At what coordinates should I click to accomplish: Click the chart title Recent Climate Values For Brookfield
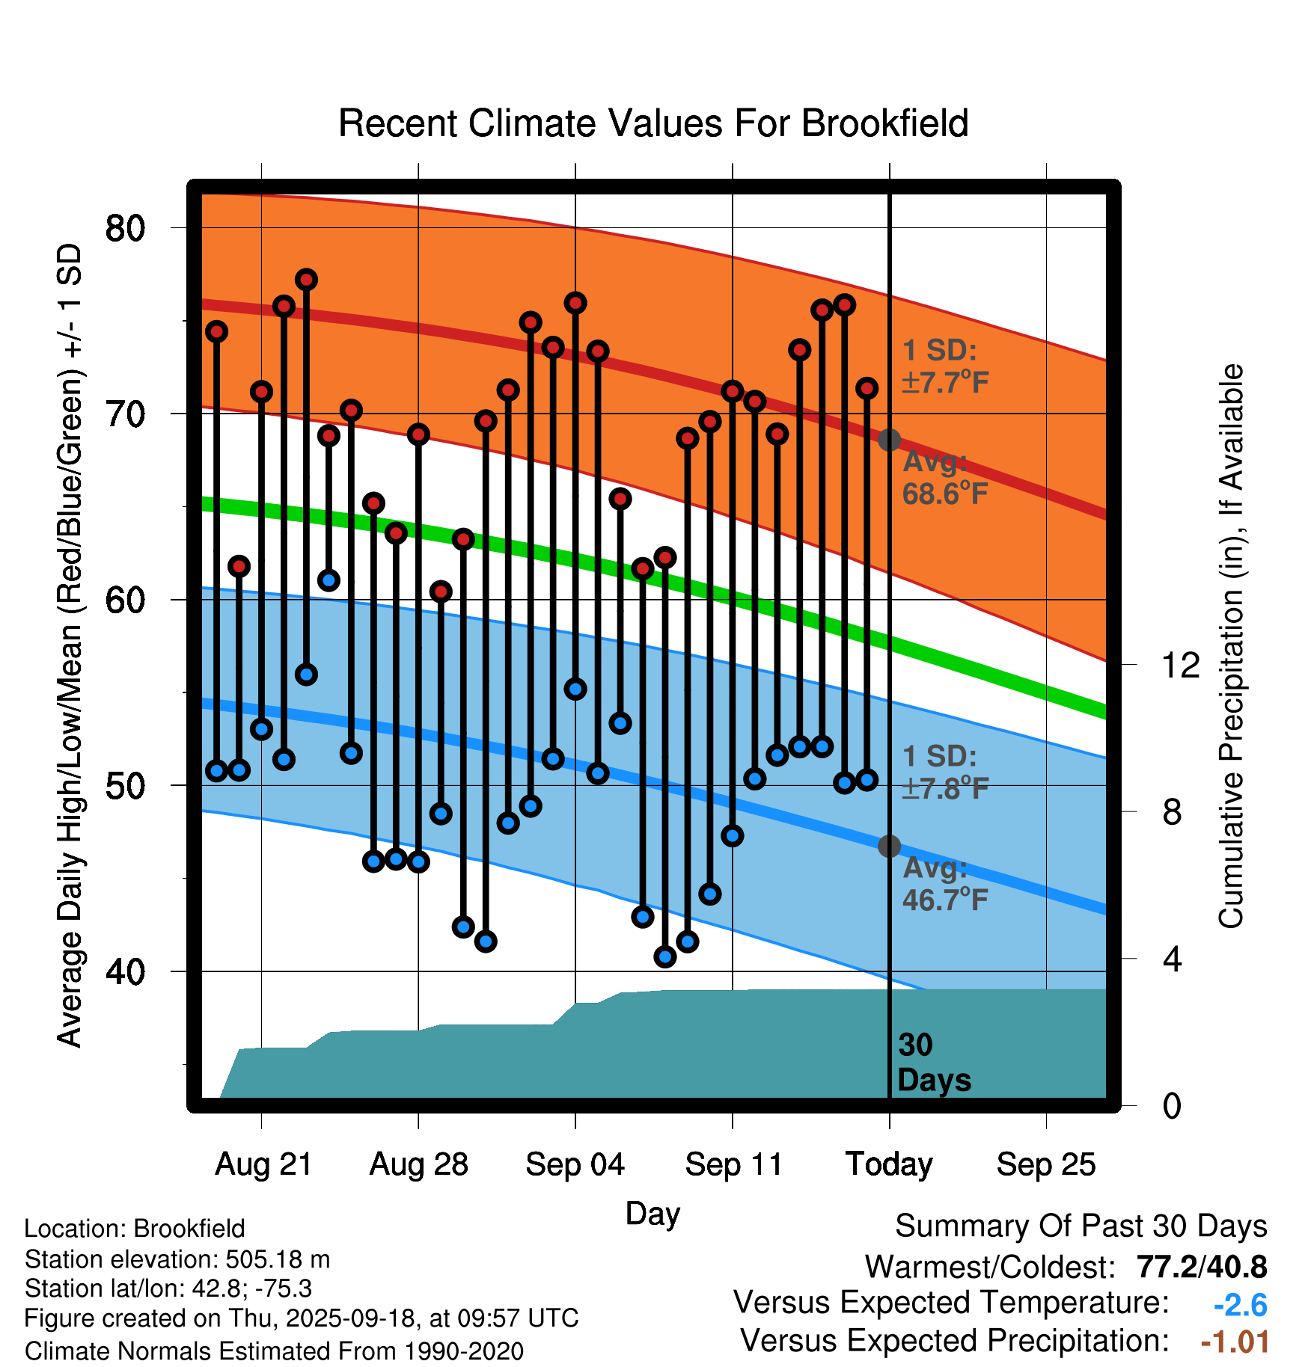pyautogui.click(x=653, y=123)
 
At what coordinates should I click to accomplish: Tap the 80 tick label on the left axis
pyautogui.click(x=126, y=227)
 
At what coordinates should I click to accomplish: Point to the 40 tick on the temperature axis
pyautogui.click(x=126, y=971)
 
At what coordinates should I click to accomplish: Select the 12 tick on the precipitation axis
pyautogui.click(x=1181, y=665)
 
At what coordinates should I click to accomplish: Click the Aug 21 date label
pyautogui.click(x=263, y=1164)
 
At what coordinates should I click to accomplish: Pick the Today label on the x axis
pyautogui.click(x=889, y=1164)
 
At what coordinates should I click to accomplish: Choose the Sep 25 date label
pyautogui.click(x=1046, y=1164)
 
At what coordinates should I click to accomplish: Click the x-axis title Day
pyautogui.click(x=653, y=1213)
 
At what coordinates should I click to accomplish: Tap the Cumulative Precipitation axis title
pyautogui.click(x=1230, y=647)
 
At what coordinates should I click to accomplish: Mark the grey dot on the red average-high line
pyautogui.click(x=889, y=440)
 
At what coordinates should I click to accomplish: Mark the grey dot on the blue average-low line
pyautogui.click(x=889, y=846)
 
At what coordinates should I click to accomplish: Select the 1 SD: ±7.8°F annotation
pyautogui.click(x=945, y=772)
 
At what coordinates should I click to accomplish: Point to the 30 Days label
pyautogui.click(x=933, y=1063)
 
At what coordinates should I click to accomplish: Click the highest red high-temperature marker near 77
pyautogui.click(x=306, y=280)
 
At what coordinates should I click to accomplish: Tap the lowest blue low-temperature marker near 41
pyautogui.click(x=664, y=956)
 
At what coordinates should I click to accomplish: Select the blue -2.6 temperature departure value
pyautogui.click(x=1240, y=1305)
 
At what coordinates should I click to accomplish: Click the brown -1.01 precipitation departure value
pyautogui.click(x=1235, y=1342)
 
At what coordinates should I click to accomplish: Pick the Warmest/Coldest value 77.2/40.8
pyautogui.click(x=1201, y=1267)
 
